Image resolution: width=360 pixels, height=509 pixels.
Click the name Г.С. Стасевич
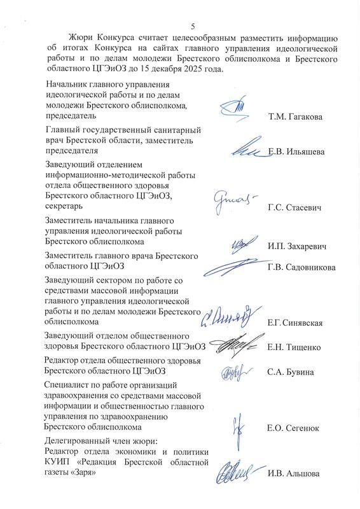point(294,207)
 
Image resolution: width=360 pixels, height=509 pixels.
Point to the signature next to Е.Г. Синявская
point(230,314)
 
